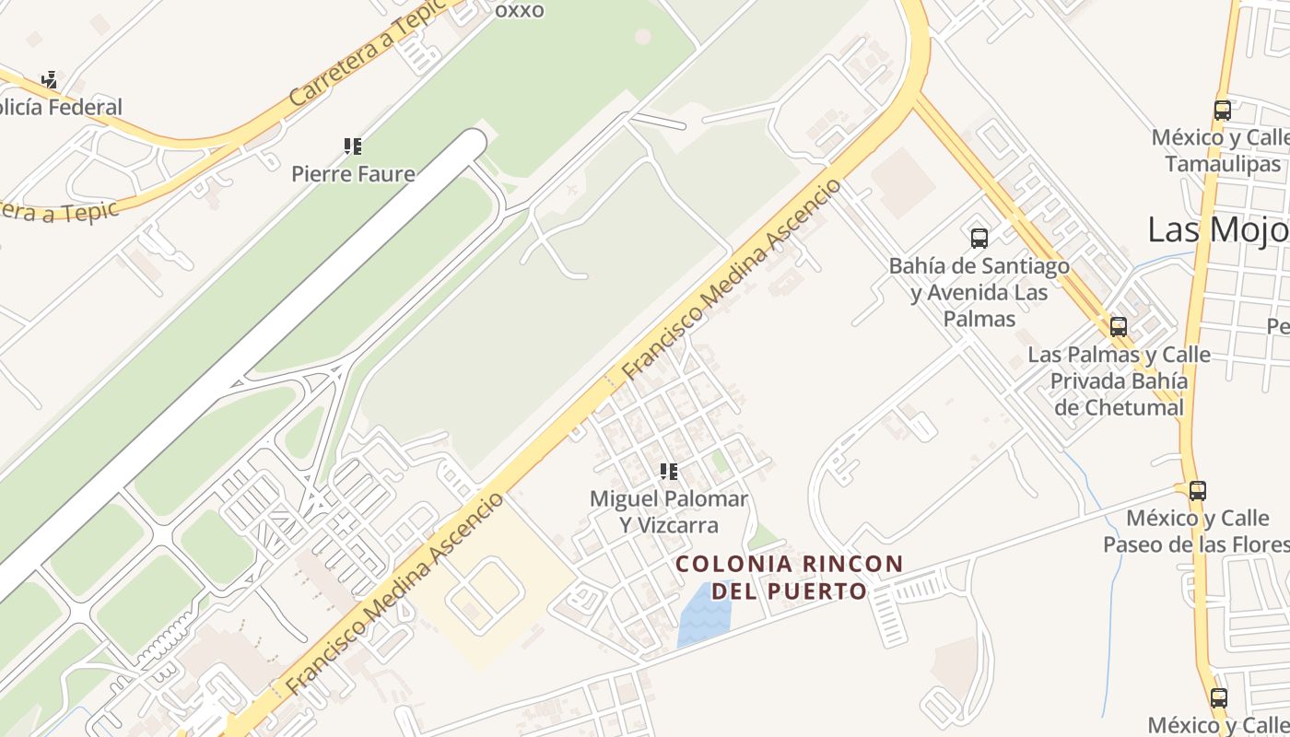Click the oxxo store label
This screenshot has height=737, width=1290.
coord(520,10)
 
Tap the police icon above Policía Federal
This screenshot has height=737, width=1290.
coord(50,80)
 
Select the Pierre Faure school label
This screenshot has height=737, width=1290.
coord(353,173)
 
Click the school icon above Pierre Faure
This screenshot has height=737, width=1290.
coord(353,146)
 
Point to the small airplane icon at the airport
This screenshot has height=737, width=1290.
coord(572,190)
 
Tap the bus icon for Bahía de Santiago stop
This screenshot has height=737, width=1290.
coord(979,239)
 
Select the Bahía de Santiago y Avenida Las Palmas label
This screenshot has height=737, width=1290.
coord(979,292)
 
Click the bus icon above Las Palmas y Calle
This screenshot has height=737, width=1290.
coord(1119,326)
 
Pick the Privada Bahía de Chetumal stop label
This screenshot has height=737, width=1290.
coord(1119,380)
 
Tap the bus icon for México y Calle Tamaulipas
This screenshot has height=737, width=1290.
coord(1223,111)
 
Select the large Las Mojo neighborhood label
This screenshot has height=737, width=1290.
coord(1217,229)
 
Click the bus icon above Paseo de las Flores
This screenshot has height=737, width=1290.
coord(1197,490)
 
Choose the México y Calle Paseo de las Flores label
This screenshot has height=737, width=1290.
coord(1197,531)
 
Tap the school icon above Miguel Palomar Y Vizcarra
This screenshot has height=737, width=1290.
coord(669,472)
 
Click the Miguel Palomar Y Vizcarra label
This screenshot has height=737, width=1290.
coord(669,511)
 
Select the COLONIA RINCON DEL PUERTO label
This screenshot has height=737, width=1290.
coord(790,577)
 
